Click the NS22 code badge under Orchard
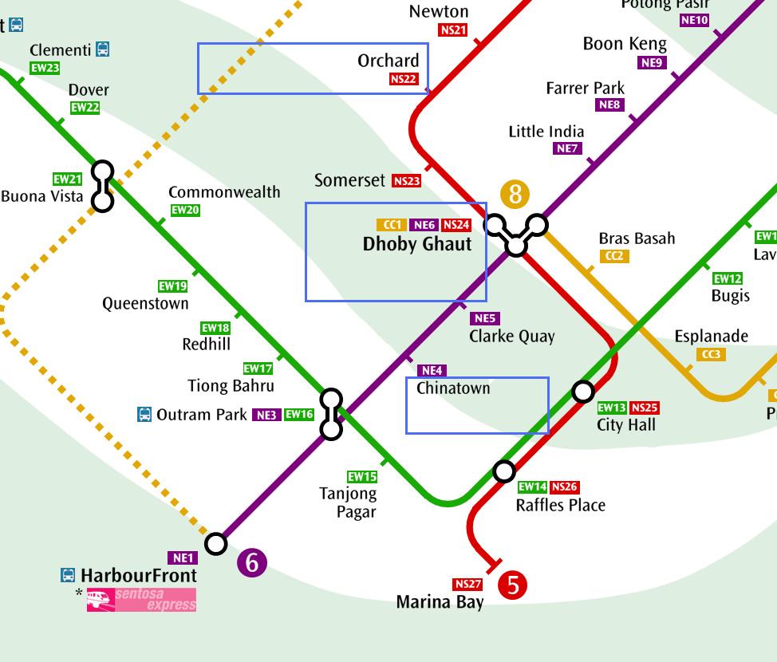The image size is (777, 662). (x=404, y=79)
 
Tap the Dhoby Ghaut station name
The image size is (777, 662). (x=417, y=245)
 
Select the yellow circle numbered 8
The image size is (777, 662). (x=515, y=194)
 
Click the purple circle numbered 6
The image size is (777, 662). (x=252, y=562)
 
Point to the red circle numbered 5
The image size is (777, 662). (x=512, y=585)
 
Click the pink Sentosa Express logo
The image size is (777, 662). (x=141, y=600)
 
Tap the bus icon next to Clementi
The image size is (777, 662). (x=102, y=49)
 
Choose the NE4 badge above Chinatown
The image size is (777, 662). (x=431, y=370)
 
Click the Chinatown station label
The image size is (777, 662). (x=453, y=388)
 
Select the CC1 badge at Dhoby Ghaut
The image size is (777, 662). (x=392, y=225)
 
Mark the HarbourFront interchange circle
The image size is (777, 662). (x=215, y=544)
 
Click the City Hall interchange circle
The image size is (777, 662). (x=583, y=391)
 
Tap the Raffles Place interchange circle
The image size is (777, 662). (x=503, y=471)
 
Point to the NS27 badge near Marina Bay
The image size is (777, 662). (x=467, y=584)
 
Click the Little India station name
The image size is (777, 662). (x=546, y=132)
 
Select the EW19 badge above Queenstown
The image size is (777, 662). (x=172, y=286)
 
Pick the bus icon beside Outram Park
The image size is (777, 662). (x=144, y=414)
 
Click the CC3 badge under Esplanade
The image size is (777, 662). (x=711, y=354)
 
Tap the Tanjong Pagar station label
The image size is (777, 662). (x=348, y=502)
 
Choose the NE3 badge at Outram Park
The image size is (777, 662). (x=266, y=415)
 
